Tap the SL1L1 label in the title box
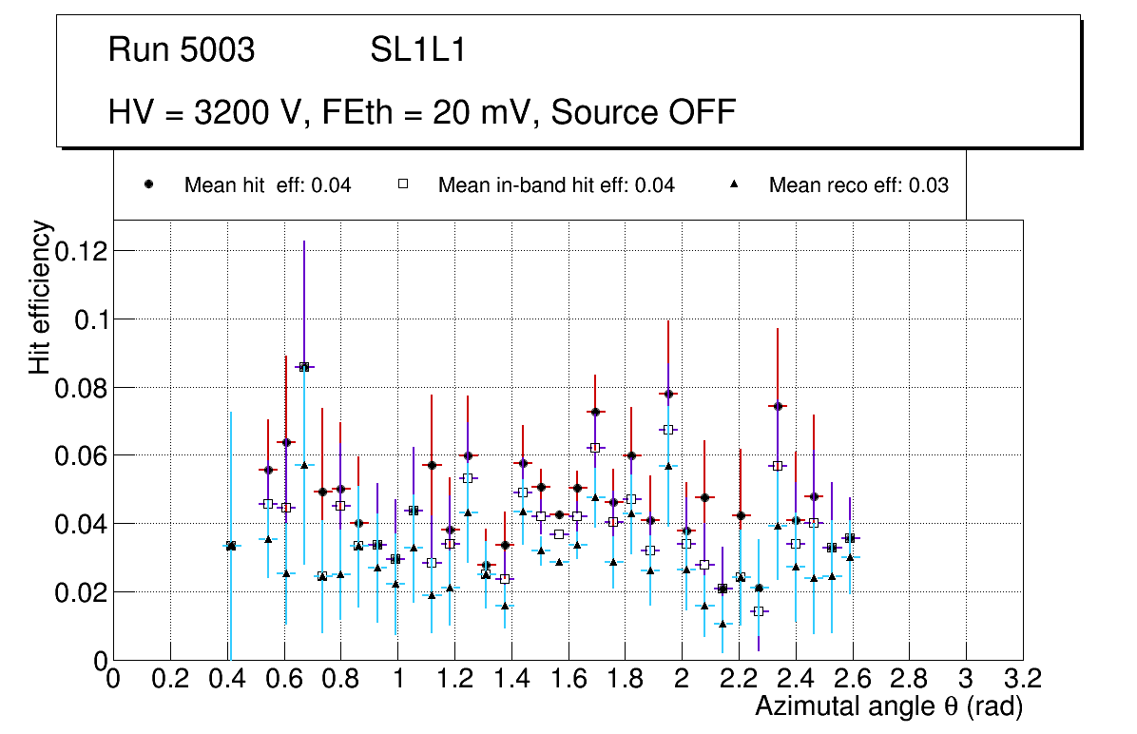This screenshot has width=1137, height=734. coord(417,50)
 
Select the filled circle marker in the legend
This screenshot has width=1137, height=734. coord(149,185)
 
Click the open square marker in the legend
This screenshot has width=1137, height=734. coord(403,185)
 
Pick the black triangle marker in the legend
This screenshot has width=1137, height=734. coord(735,185)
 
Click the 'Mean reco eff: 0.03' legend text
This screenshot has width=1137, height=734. coord(858,185)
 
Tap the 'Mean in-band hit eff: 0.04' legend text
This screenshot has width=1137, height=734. coord(556,185)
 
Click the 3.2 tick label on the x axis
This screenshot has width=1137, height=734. coord(1022,680)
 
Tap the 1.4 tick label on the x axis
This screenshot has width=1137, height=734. coord(511,680)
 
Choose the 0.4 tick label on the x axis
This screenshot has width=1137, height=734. coord(227,680)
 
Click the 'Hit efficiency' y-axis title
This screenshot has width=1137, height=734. coord(40,297)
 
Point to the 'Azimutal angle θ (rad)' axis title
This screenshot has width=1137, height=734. coord(889,706)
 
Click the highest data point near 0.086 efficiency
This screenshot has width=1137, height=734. coord(304,366)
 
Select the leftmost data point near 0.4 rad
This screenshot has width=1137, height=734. coord(230,546)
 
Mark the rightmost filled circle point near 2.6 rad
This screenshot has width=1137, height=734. coord(850,538)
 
